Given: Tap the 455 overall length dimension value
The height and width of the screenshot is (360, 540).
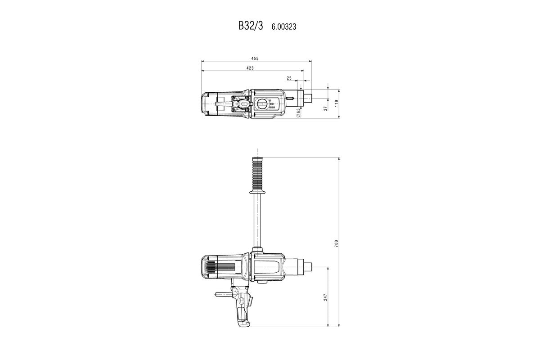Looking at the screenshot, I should pos(255,58).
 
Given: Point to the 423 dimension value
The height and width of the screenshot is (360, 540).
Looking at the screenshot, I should pos(250,68).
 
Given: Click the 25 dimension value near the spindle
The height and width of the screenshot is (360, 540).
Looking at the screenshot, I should pos(289,78).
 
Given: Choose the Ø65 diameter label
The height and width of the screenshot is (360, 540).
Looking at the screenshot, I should pos(298,112).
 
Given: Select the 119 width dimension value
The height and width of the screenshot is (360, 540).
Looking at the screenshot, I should pos(336,103).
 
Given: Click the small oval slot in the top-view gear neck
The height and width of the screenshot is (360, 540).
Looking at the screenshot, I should pos(290,98).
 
